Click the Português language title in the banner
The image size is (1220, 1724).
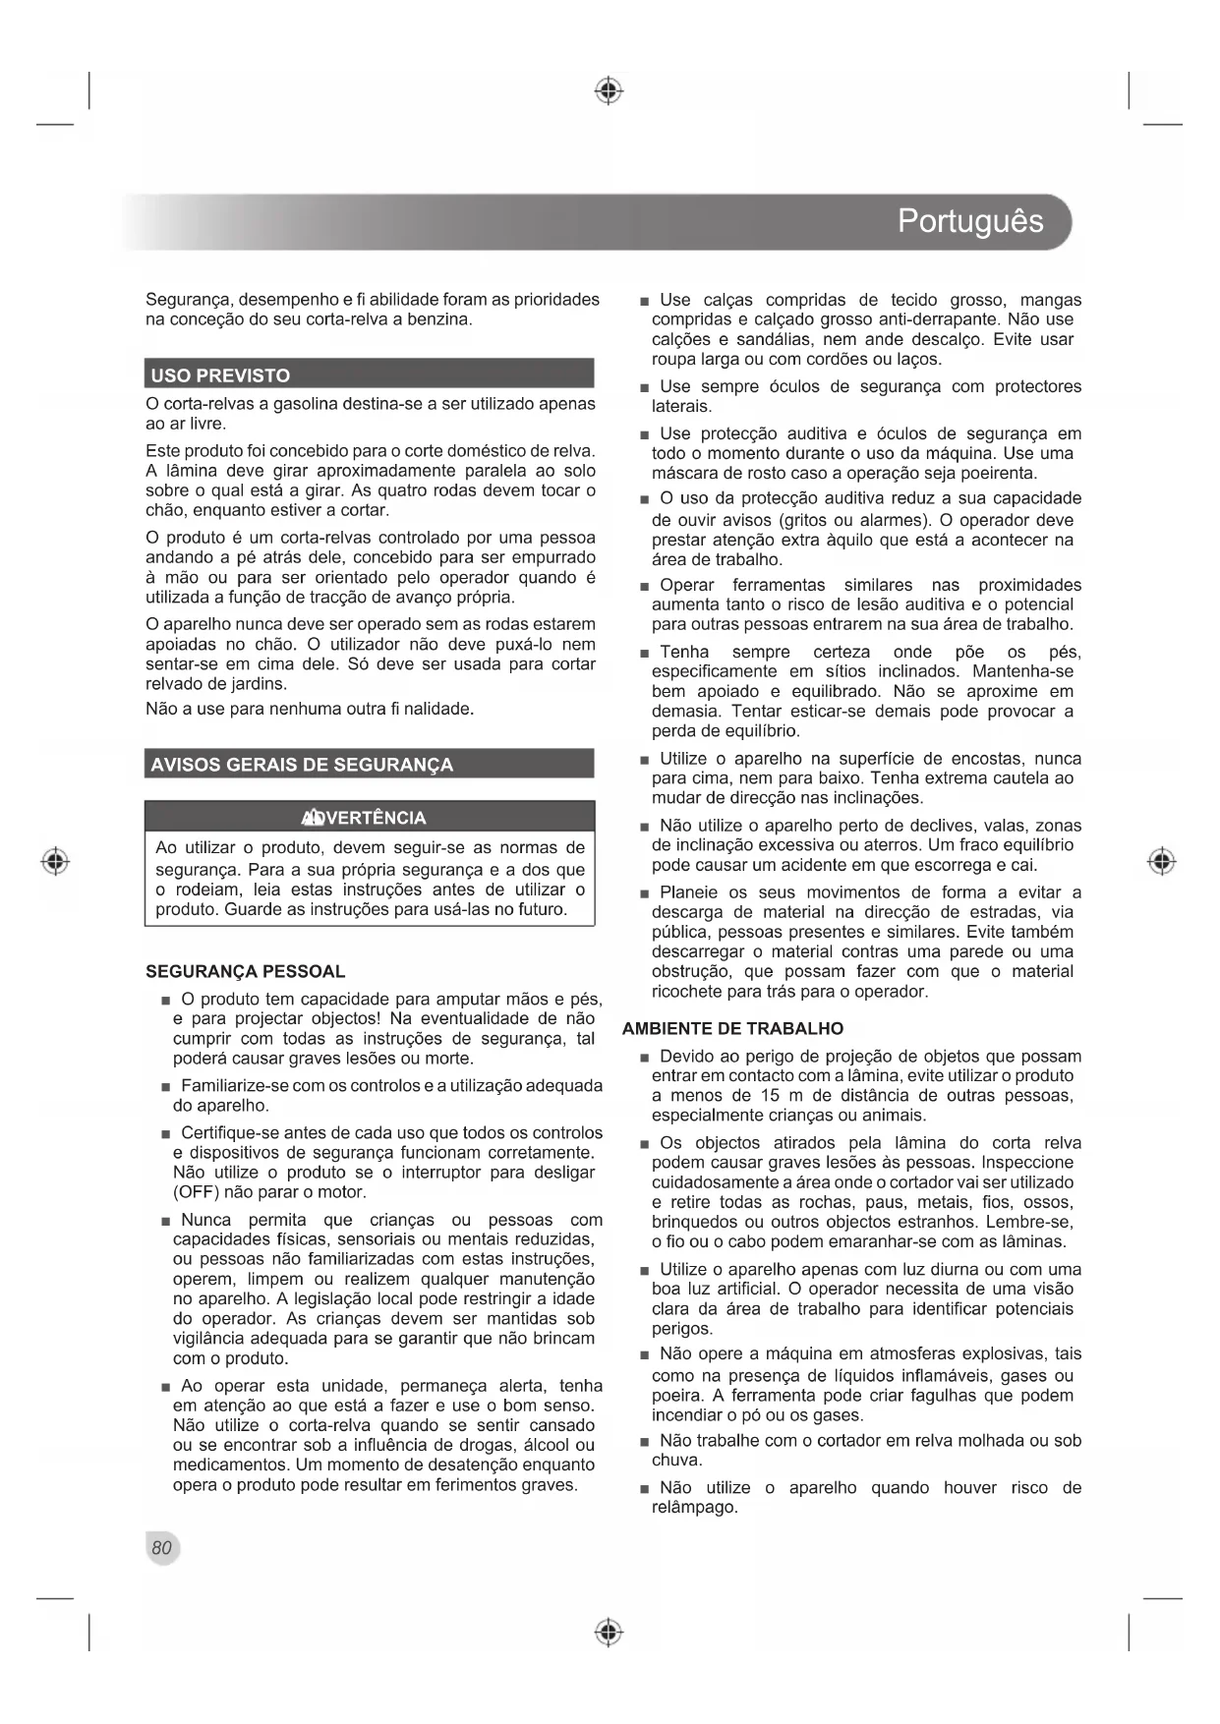coord(969,221)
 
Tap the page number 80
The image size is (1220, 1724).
coord(161,1547)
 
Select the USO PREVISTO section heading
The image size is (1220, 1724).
coord(220,375)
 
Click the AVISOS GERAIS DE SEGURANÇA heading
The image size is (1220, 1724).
coord(302,765)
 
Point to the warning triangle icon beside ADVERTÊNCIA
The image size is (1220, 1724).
coord(313,818)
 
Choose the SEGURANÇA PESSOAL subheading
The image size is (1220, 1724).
coord(246,971)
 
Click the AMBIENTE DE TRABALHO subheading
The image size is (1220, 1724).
coord(732,1028)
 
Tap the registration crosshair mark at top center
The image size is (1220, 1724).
coord(610,90)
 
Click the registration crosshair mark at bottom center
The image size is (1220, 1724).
coord(610,1633)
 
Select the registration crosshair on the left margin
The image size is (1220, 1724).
coord(56,861)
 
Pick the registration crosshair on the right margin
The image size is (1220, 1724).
coord(1162,861)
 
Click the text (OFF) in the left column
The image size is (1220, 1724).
coord(197,1192)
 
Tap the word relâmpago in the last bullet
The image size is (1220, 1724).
coord(694,1507)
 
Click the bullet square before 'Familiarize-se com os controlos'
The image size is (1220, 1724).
coord(166,1087)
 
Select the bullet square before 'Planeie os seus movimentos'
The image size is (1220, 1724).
coord(644,893)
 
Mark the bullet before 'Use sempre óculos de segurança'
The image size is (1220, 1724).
coord(644,387)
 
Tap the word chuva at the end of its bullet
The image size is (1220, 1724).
coord(675,1460)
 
